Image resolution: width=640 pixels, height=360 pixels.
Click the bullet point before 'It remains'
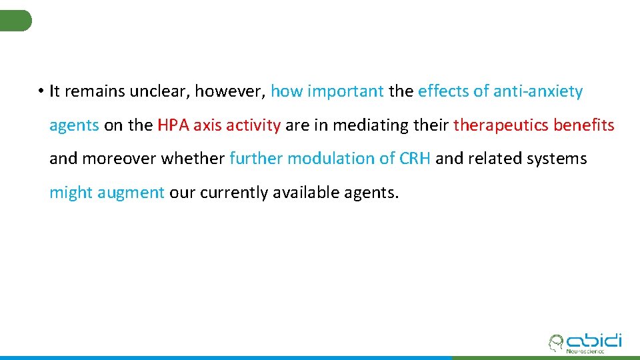tap(41, 92)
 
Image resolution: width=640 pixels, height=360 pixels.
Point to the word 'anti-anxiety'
tap(539, 91)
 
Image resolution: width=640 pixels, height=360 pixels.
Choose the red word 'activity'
tap(255, 125)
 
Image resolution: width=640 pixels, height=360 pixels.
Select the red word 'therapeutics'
tap(501, 125)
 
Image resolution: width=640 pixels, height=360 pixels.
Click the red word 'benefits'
tap(584, 125)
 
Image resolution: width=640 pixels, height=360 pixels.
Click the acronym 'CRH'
tap(415, 159)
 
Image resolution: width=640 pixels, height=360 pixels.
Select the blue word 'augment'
tap(131, 193)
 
